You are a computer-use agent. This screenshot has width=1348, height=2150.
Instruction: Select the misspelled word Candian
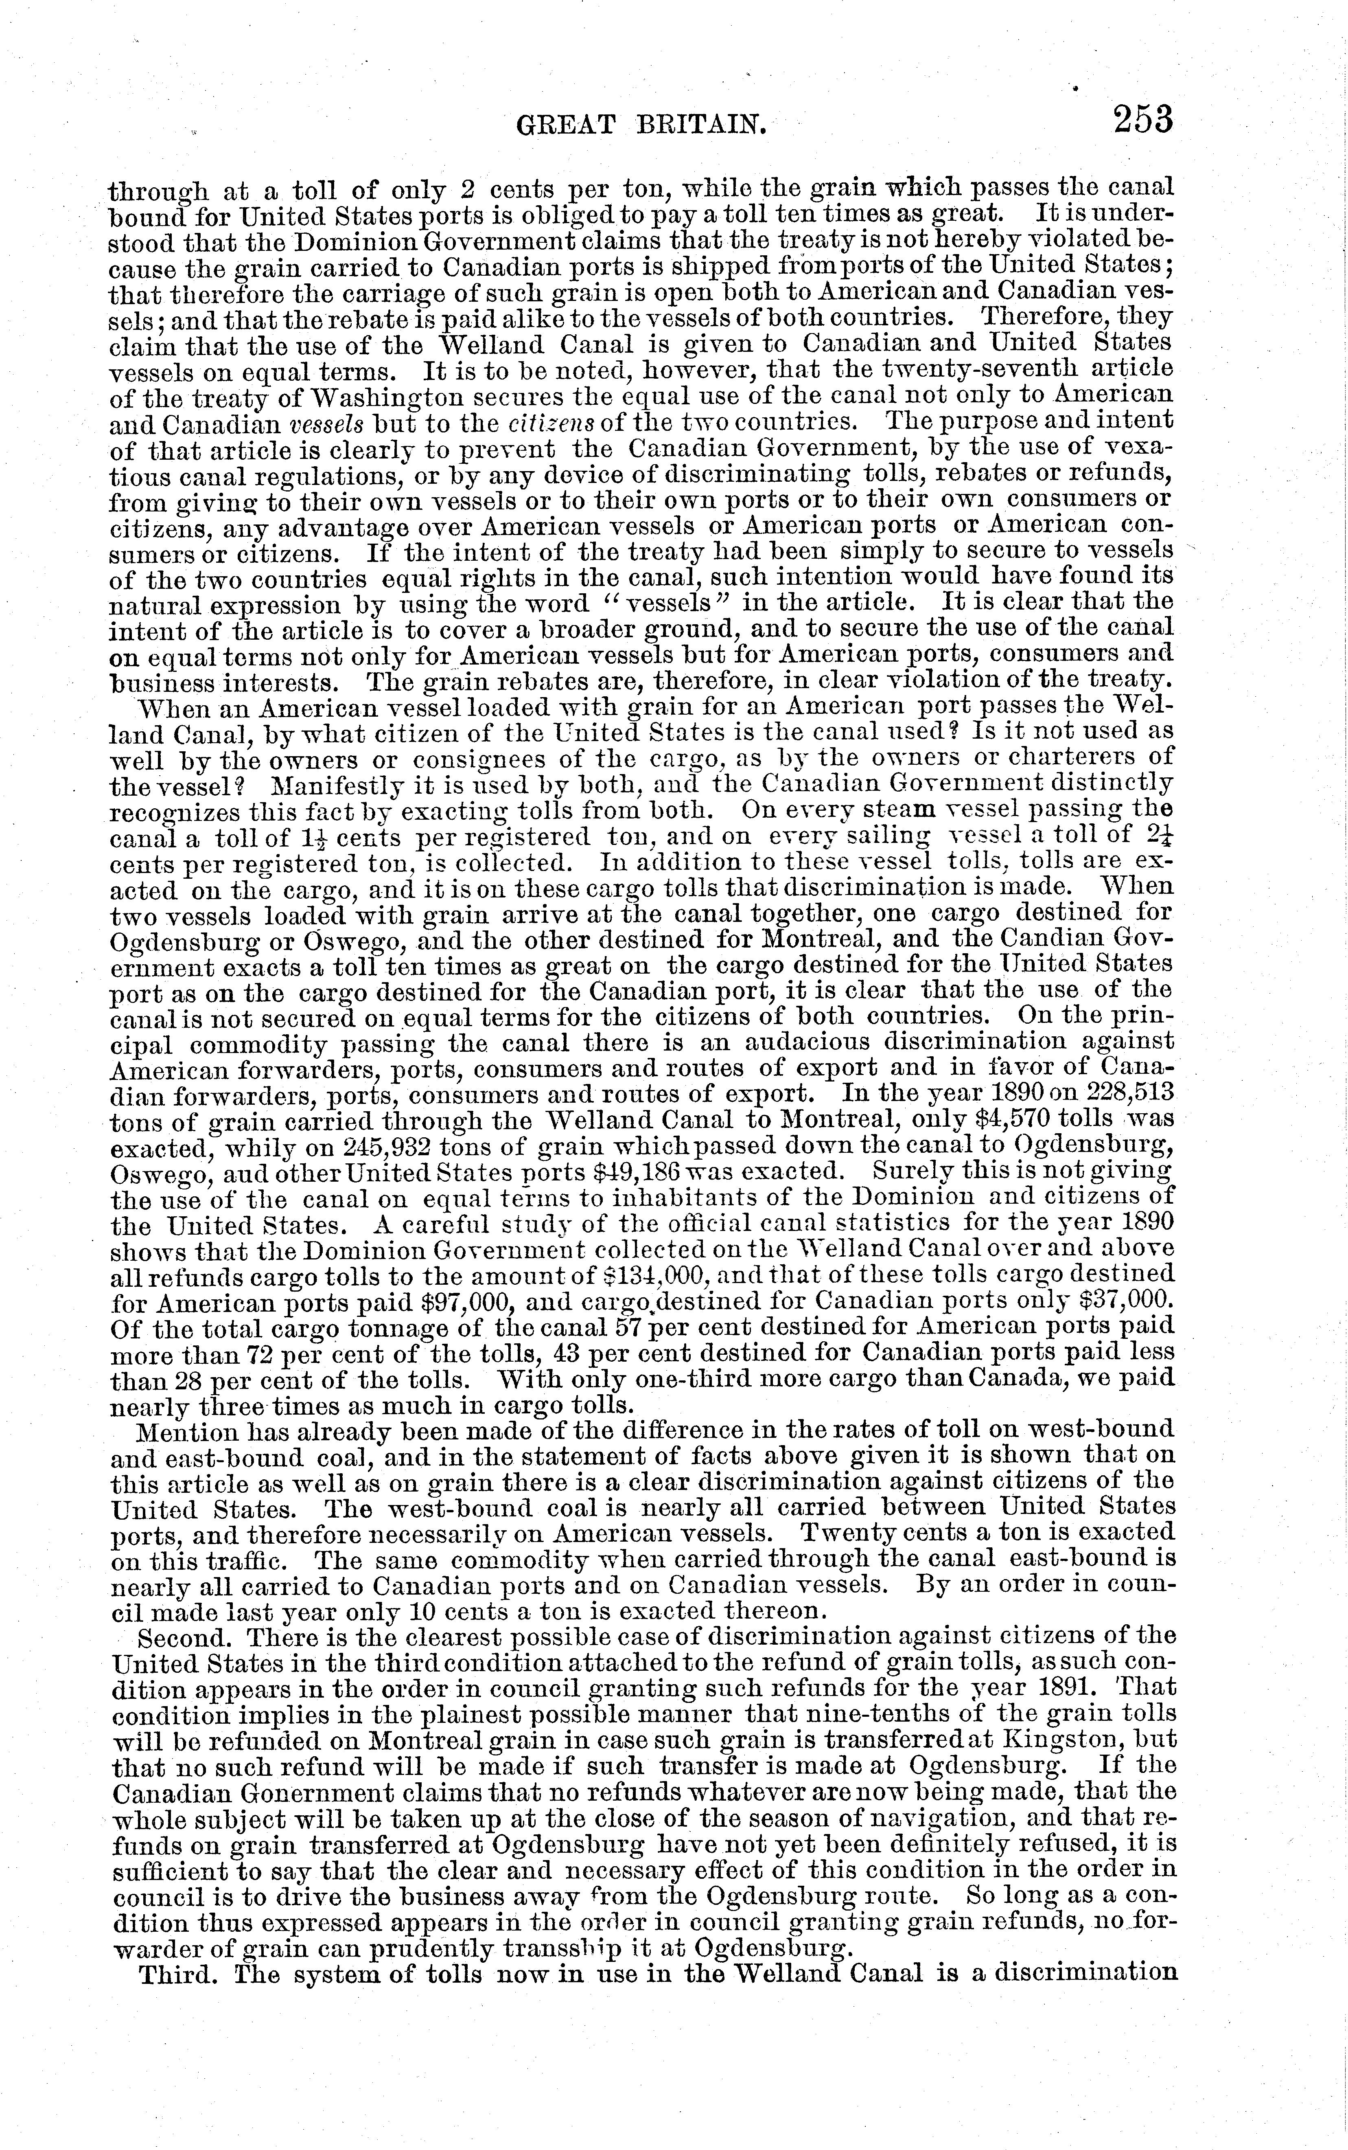click(x=1072, y=939)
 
